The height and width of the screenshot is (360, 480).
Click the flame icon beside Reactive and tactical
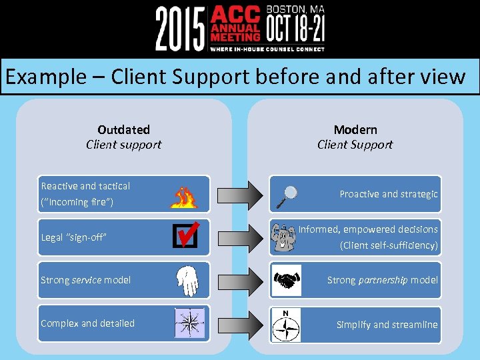(184, 196)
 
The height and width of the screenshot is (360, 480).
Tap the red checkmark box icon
(185, 235)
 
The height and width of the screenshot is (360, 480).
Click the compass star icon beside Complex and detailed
(189, 323)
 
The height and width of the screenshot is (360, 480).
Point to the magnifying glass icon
(287, 194)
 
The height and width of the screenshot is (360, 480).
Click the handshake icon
(287, 281)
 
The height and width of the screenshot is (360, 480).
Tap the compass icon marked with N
(287, 325)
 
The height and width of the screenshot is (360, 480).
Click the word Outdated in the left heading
(123, 129)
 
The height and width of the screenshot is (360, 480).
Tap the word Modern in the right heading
(355, 129)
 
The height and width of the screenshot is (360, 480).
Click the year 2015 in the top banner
(181, 28)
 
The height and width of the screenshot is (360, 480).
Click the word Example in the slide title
(46, 77)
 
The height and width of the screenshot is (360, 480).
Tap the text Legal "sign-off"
(74, 237)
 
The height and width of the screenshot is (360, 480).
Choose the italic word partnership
(383, 280)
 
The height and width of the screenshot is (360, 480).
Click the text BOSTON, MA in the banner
(295, 9)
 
